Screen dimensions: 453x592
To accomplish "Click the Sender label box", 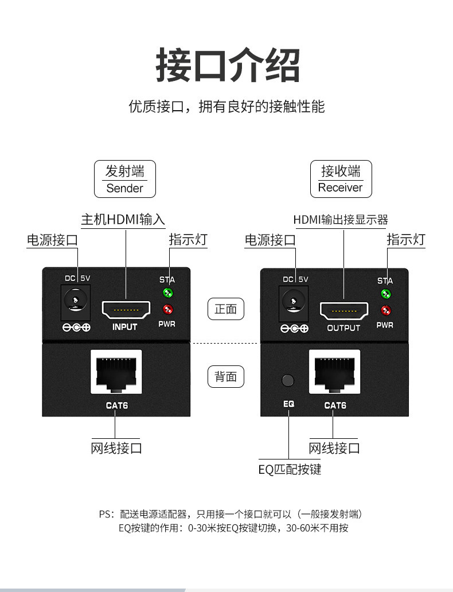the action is [124, 179].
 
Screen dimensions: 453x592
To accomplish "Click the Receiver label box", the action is [341, 179].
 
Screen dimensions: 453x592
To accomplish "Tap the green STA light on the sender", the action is [168, 294].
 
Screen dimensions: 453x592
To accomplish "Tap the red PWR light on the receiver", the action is [386, 311].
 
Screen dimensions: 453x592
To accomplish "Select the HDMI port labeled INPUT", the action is [125, 310].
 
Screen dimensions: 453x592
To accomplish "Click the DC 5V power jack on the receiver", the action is [292, 300].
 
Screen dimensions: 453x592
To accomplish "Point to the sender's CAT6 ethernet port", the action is [115, 372].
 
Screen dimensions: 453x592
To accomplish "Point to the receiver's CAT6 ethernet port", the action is [334, 372].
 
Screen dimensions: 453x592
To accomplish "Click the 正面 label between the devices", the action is [225, 309].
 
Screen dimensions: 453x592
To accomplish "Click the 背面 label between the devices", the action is [225, 376].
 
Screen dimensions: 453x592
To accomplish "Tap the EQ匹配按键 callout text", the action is [290, 470].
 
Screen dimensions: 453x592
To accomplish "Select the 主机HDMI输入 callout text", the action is [123, 220].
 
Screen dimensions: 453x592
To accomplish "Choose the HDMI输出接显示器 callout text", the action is [341, 220].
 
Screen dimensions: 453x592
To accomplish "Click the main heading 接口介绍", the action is [227, 66].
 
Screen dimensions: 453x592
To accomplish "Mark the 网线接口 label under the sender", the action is [116, 448].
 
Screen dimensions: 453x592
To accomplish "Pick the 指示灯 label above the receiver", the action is [406, 239].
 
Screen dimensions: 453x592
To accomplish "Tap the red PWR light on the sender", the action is [168, 311].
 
